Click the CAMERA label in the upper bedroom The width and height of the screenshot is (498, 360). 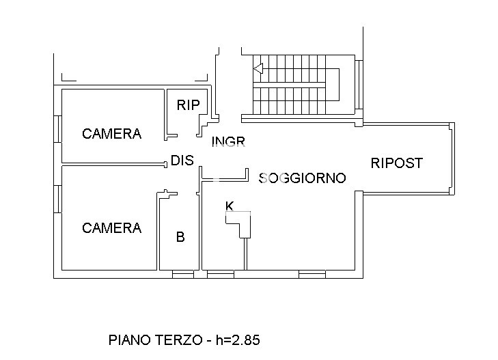click(x=111, y=134)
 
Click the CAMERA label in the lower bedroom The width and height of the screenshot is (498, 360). click(x=111, y=228)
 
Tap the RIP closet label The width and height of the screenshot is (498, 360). click(x=188, y=105)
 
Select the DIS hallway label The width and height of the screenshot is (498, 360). click(x=182, y=161)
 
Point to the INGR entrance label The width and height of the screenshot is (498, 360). click(x=228, y=142)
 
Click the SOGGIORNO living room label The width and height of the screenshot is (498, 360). click(x=302, y=178)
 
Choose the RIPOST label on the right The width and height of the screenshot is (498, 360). click(x=396, y=163)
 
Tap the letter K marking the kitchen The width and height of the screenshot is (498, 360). click(x=230, y=206)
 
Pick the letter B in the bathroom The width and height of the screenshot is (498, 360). click(x=180, y=238)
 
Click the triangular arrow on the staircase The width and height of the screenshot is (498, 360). click(x=258, y=68)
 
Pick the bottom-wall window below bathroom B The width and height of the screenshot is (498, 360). click(x=182, y=275)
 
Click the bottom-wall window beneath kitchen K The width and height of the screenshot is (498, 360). click(x=220, y=275)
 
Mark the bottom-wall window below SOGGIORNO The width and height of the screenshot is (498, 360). click(x=312, y=275)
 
